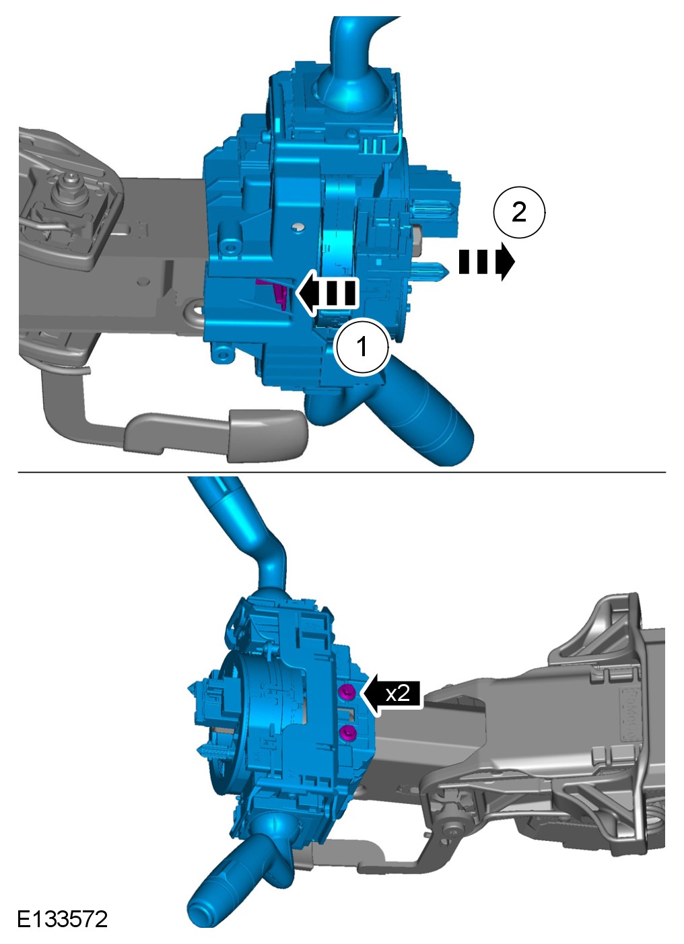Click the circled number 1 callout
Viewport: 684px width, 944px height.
click(362, 347)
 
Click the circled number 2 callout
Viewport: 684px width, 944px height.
click(519, 212)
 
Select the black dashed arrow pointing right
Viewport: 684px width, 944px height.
click(487, 261)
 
